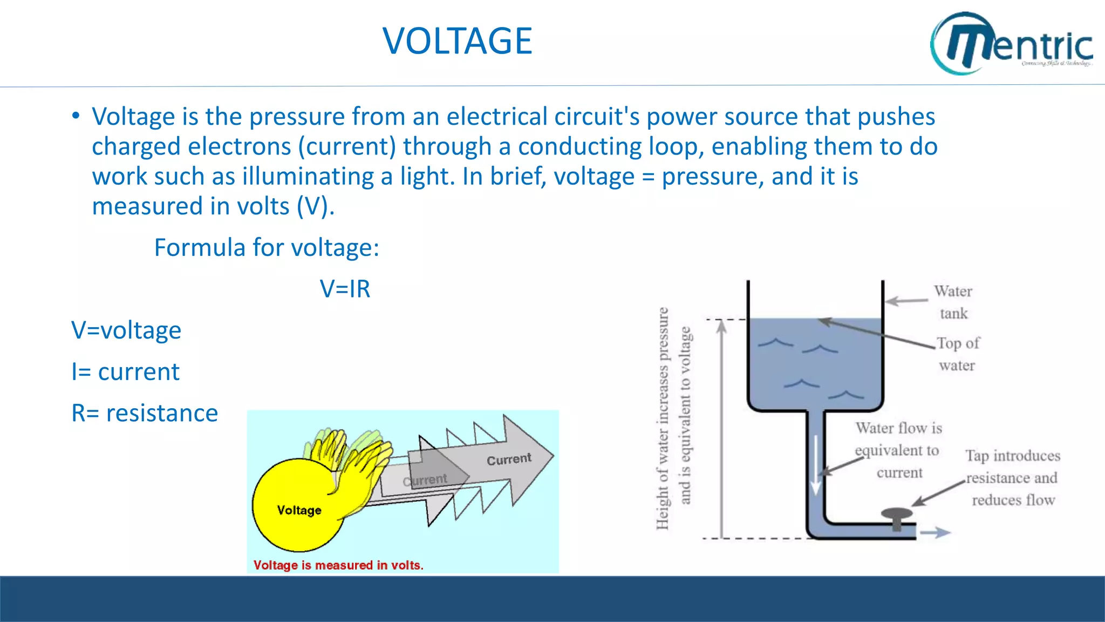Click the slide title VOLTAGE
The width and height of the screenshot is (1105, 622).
pyautogui.click(x=457, y=41)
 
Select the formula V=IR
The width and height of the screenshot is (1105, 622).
pyautogui.click(x=345, y=289)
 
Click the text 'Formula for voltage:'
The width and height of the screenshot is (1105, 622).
pyautogui.click(x=267, y=248)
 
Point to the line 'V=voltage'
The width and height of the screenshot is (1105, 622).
pyautogui.click(x=126, y=330)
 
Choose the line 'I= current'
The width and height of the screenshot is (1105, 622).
pyautogui.click(x=125, y=372)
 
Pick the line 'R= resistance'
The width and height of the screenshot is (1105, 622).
pyautogui.click(x=145, y=414)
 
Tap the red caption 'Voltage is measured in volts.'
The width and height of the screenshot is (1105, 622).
pyautogui.click(x=338, y=565)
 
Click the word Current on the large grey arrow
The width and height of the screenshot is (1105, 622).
pyautogui.click(x=509, y=459)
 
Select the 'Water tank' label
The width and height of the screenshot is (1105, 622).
pyautogui.click(x=953, y=302)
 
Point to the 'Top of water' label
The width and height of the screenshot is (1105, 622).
pyautogui.click(x=958, y=354)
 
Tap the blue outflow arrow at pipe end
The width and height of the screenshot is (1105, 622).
pyautogui.click(x=935, y=533)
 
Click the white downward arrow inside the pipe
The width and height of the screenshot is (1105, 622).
pyautogui.click(x=816, y=464)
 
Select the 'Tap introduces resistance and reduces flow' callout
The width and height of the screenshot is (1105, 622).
pyautogui.click(x=1013, y=478)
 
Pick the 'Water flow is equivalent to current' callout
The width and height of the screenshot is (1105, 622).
pyautogui.click(x=898, y=450)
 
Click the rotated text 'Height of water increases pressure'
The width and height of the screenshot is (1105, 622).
pyautogui.click(x=663, y=418)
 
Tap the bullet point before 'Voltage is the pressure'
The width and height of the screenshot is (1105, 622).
pyautogui.click(x=76, y=116)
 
